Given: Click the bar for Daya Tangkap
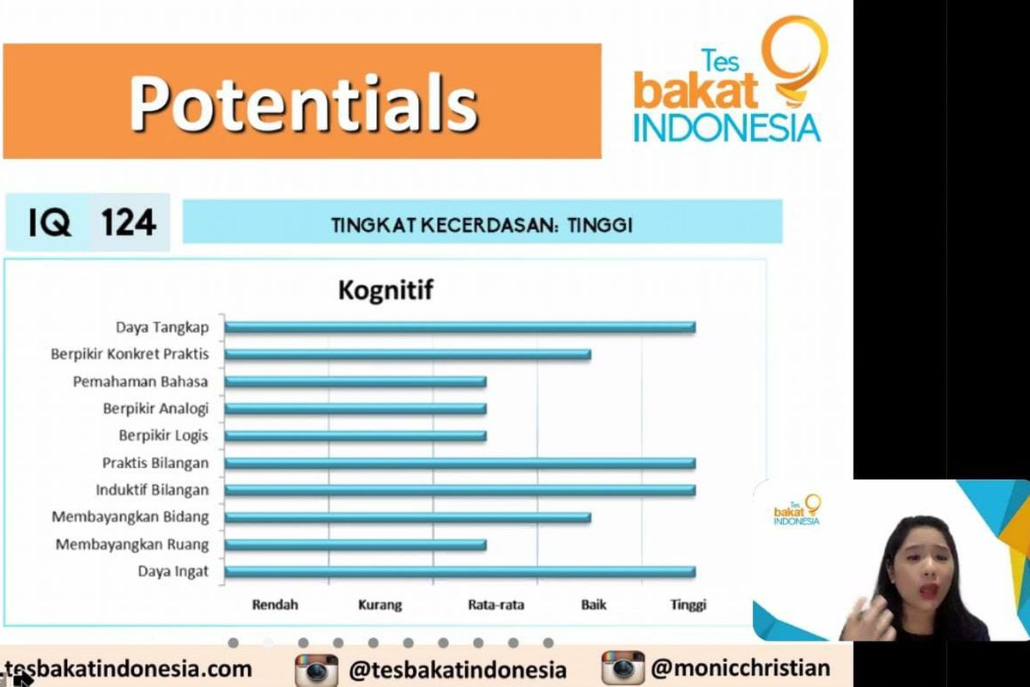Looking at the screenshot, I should (459, 326).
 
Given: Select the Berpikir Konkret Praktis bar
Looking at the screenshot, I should (408, 354).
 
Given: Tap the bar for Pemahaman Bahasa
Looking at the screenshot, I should (355, 381).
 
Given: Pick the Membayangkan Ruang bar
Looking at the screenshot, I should (355, 544).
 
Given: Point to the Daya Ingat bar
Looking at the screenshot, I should (459, 572).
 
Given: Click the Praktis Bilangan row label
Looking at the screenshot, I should (155, 463).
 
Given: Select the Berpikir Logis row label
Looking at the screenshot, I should (163, 435).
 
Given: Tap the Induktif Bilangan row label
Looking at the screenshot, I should (152, 490).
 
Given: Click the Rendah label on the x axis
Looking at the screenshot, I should (275, 605).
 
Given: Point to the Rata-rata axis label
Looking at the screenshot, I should (496, 605).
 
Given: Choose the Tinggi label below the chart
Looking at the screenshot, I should (688, 605).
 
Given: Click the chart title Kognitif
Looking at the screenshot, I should (385, 290).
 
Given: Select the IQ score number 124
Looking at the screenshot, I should (129, 223).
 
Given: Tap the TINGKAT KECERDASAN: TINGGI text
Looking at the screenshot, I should (482, 225).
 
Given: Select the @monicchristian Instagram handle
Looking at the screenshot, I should (740, 668).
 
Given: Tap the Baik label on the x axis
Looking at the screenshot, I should (593, 605).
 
